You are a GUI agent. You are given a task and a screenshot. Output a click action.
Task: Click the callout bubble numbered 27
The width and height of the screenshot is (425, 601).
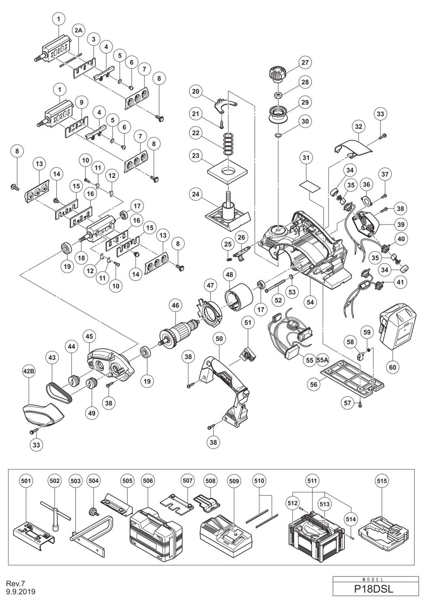pos(305,62)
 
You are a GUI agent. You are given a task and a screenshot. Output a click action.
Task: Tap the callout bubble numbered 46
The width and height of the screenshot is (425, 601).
pos(176,305)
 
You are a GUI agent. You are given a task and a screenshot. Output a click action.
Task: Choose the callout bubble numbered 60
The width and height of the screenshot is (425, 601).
pos(392,367)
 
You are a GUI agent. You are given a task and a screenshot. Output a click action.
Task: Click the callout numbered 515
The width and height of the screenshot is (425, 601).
pos(382,481)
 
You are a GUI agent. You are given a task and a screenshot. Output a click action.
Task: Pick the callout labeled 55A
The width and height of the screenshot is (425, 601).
pos(323,360)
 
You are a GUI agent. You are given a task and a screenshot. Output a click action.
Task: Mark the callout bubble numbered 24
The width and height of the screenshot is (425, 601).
pos(196,194)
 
